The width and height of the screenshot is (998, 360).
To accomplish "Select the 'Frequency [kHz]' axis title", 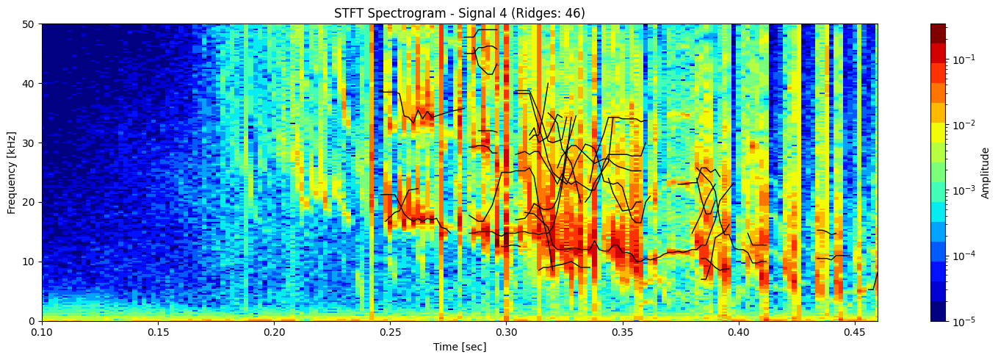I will pos(12,172).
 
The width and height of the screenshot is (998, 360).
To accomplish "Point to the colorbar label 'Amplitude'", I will pos(985,172).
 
